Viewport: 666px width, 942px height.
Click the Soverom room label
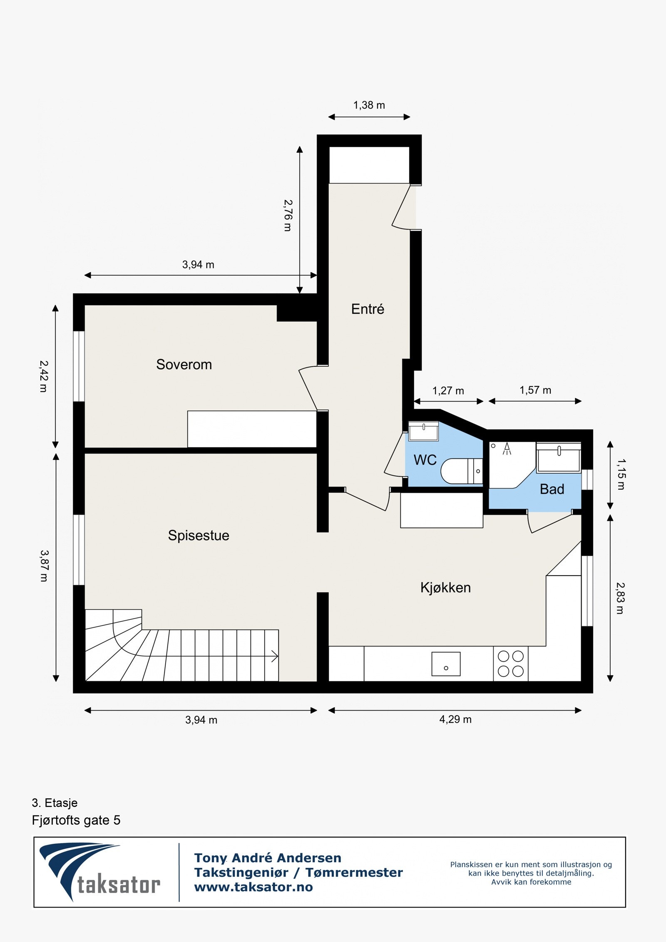184,365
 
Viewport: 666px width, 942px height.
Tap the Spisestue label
199,535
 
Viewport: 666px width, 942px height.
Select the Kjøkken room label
445,587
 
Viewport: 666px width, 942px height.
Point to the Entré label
368,309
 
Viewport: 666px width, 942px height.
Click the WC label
425,460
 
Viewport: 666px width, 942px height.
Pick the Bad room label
552,489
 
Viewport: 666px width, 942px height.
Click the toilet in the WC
462,471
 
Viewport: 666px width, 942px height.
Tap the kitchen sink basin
446,664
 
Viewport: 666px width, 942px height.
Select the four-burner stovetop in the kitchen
511,664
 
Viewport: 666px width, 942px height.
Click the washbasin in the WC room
423,431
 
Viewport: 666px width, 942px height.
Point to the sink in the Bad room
559,458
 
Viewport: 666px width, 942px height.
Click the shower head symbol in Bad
507,449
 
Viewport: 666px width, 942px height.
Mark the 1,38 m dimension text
369,105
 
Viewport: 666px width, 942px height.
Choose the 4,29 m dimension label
455,720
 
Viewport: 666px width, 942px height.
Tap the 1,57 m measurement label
535,390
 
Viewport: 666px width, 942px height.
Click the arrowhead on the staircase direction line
275,656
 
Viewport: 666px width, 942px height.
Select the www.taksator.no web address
253,887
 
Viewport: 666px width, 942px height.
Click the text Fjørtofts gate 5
76,820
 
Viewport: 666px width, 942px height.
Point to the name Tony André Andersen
268,858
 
